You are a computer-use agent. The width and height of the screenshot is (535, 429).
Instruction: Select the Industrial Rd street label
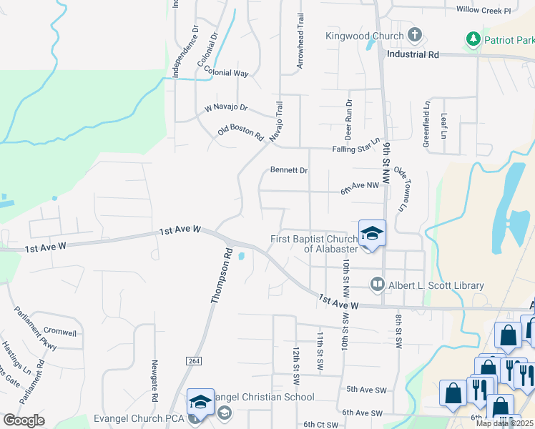coord(413,54)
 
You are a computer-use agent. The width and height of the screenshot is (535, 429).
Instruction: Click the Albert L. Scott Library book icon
coord(377,285)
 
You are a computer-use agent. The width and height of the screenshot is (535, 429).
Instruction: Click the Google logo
coord(24,420)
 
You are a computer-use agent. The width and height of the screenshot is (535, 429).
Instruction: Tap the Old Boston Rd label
coord(241,134)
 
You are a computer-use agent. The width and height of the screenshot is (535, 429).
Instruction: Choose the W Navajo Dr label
coord(225,108)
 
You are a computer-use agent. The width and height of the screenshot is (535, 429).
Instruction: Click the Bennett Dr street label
coord(288,170)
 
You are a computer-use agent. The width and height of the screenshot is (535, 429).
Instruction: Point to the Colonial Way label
coord(226,71)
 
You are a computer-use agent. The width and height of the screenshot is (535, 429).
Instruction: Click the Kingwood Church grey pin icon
coord(415,35)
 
